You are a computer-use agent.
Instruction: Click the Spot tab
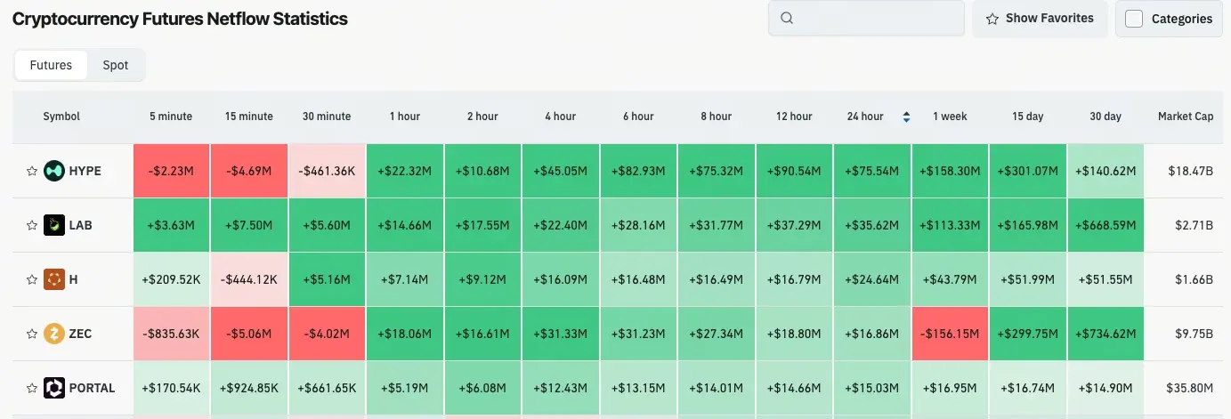point(116,65)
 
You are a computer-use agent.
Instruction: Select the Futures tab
point(51,65)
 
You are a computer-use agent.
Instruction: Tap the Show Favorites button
point(1040,19)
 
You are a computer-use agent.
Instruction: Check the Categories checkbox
point(1134,19)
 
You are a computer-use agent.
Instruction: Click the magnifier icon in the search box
point(787,18)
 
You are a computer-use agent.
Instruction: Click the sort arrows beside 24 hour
point(906,117)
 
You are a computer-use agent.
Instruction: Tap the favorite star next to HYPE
point(32,171)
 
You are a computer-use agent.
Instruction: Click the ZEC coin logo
point(54,334)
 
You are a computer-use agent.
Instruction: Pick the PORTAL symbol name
point(92,388)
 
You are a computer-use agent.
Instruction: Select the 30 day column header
point(1105,117)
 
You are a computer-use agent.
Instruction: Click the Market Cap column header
point(1186,117)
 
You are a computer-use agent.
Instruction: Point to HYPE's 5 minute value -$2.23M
point(171,171)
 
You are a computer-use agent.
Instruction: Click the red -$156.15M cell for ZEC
point(950,334)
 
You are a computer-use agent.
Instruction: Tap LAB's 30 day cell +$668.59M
point(1105,225)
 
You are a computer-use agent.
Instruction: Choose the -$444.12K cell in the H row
point(249,279)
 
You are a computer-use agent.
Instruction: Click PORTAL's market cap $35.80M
point(1189,388)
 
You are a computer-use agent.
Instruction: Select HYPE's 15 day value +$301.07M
point(1028,171)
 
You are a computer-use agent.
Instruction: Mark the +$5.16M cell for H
point(327,279)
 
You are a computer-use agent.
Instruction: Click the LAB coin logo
point(54,225)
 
